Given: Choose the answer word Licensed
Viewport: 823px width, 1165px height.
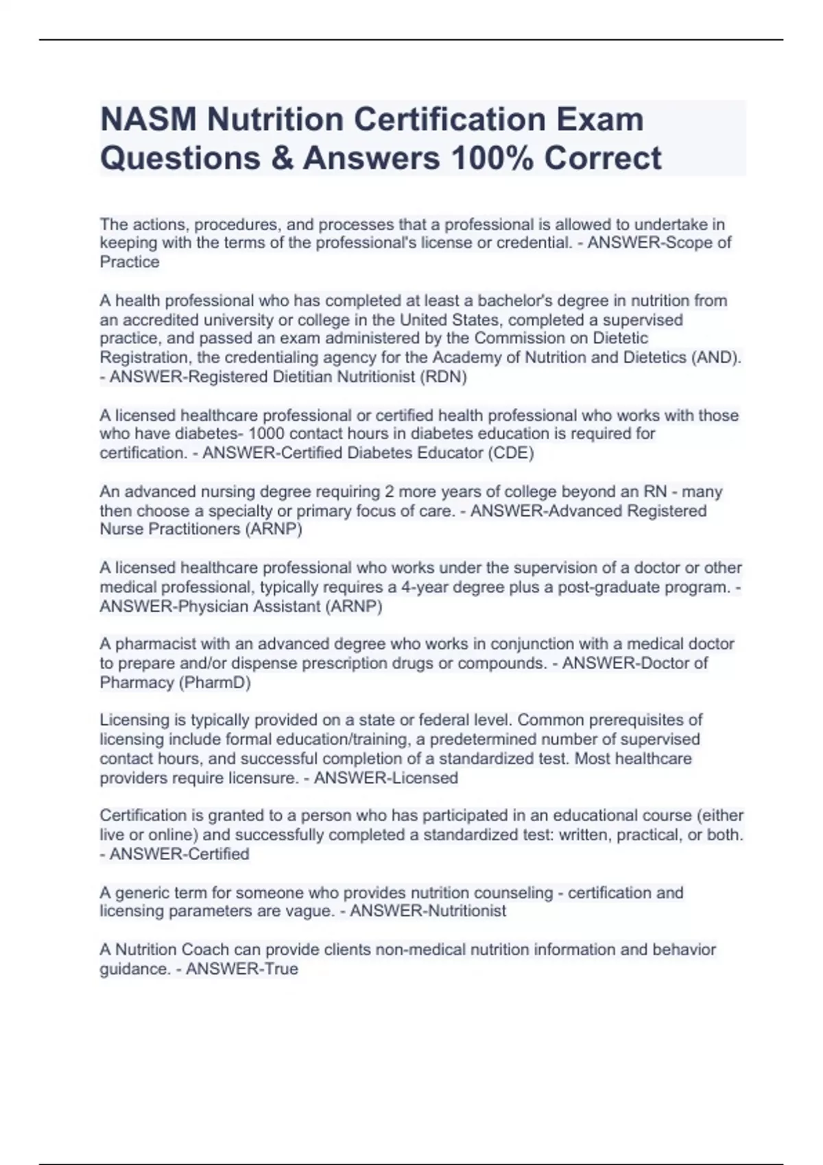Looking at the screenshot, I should (423, 778).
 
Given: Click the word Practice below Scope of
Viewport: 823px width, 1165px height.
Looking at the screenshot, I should (130, 262).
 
